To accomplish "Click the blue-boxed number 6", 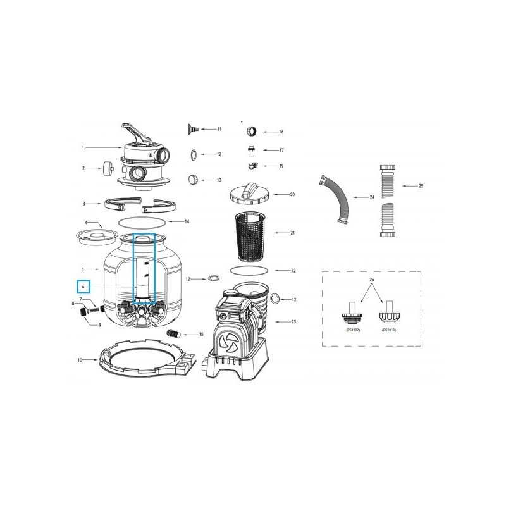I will (83, 287).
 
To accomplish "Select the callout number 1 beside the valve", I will (83, 149).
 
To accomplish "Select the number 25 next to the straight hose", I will (421, 186).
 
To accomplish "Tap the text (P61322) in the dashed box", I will (354, 330).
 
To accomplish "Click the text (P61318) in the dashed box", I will (389, 330).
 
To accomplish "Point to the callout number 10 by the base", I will (80, 361).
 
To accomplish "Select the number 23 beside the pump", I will (293, 322).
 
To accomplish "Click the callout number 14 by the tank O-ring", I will (187, 222).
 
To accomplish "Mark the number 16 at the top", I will (281, 132).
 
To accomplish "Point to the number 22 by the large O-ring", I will (293, 271).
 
